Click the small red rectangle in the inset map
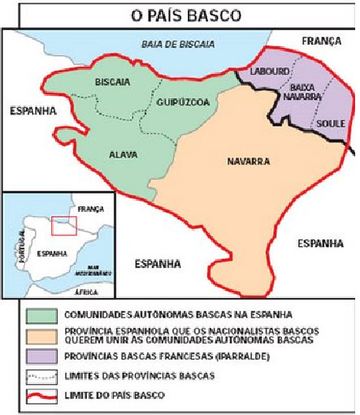tap(63, 225)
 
